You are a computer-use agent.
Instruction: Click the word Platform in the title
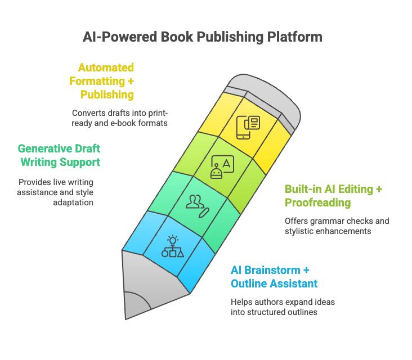(294, 37)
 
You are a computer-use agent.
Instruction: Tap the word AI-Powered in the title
(120, 37)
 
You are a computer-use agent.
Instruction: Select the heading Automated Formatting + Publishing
(102, 81)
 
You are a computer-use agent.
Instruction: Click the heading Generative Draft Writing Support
(59, 155)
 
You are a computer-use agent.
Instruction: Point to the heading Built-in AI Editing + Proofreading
(333, 196)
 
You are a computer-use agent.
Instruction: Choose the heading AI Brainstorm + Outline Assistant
(274, 277)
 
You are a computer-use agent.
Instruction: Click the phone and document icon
(248, 127)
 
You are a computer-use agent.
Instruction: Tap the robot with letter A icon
(222, 167)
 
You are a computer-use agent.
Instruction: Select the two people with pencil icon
(198, 206)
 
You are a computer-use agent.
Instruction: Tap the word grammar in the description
(326, 221)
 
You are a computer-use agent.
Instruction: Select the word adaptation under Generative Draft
(73, 202)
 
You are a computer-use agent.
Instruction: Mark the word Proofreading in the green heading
(317, 202)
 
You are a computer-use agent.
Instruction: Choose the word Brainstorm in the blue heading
(272, 270)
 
